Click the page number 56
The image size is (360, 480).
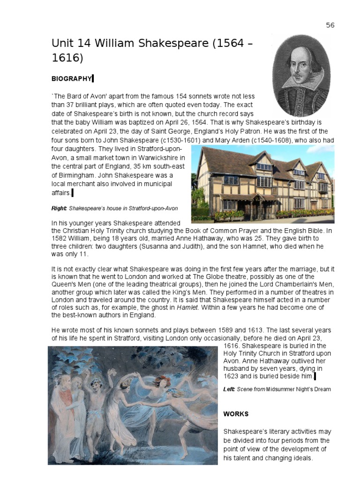pos(330,25)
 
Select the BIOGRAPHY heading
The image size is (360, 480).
pos(71,78)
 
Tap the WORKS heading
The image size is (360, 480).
pos(236,414)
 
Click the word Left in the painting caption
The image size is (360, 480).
pos(229,389)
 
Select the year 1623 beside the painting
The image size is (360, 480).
pos(232,376)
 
